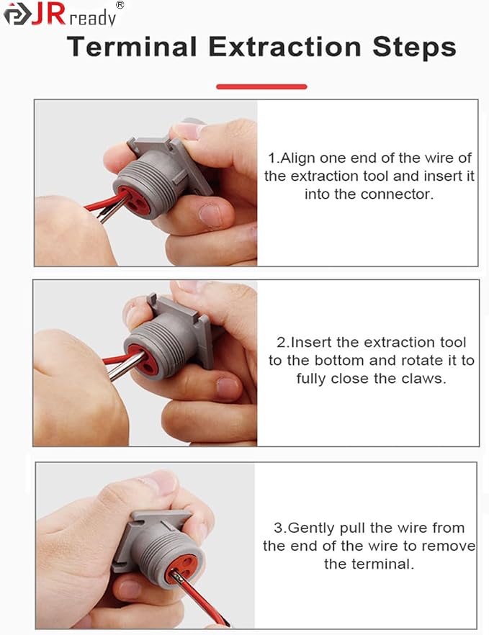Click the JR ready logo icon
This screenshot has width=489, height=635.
point(17,14)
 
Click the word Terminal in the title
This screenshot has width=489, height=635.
point(132,47)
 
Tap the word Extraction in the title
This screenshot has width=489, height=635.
point(284,47)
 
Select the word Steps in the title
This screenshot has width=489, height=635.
point(414,48)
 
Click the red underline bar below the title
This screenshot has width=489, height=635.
point(261,86)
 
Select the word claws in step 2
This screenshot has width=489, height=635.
point(423,379)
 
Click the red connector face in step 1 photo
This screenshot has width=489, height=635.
point(133,199)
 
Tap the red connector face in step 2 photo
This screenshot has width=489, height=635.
point(143,359)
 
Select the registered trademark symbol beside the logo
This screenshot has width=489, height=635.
point(120,5)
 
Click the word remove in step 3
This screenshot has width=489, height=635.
point(449,546)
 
